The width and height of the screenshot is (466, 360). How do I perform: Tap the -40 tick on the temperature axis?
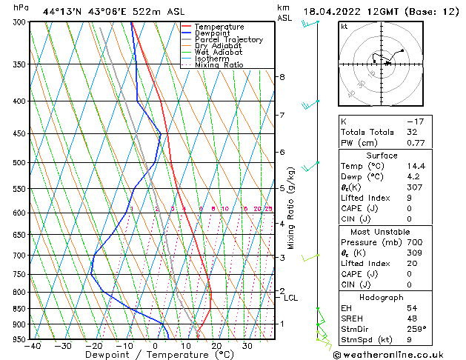pos(33,346)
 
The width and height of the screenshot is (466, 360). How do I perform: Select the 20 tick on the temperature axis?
pos(216,346)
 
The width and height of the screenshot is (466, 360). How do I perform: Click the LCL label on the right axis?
pos(291,298)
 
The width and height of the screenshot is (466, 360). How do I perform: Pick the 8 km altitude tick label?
pos(282,77)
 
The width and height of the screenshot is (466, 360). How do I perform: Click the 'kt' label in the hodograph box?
pos(344,26)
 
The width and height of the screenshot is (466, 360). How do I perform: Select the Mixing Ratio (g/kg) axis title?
pos(291,207)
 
